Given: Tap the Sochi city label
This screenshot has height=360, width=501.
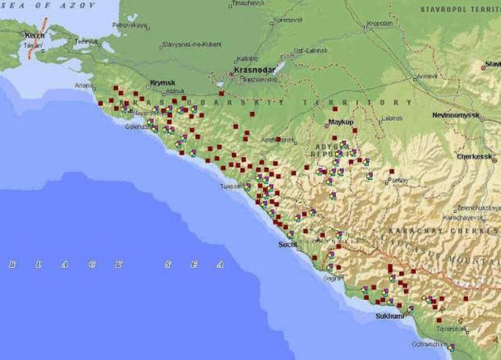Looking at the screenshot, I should [x=287, y=244].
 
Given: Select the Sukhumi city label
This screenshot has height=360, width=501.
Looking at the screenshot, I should [x=389, y=316].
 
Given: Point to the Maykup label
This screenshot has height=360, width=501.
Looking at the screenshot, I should [x=340, y=122].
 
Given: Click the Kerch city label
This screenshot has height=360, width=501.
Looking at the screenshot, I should [x=35, y=35].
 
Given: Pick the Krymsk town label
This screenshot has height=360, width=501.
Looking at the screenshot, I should [x=163, y=82].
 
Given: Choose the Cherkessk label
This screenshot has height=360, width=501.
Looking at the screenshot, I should [x=475, y=155].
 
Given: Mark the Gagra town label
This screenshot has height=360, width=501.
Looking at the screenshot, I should [x=332, y=278].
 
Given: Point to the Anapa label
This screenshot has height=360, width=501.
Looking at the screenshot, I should [x=84, y=85].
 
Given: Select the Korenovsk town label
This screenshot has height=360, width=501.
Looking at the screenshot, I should [x=288, y=19].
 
